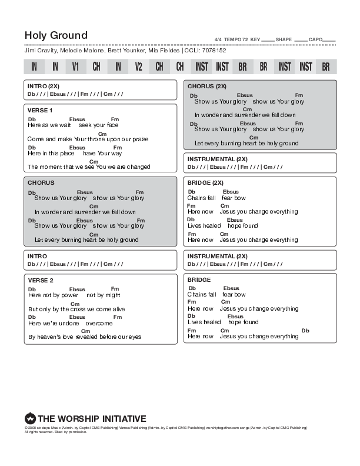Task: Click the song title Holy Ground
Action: click(x=56, y=35)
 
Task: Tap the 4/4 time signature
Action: click(x=218, y=39)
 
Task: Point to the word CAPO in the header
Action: click(x=315, y=39)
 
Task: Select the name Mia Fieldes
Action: click(x=164, y=51)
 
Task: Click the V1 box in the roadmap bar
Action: click(x=75, y=67)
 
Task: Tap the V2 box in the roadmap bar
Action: click(x=138, y=67)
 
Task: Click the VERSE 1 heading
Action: click(x=40, y=110)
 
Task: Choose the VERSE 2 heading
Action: click(x=40, y=280)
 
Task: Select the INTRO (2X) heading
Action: click(x=44, y=86)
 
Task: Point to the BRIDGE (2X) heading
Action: click(x=205, y=183)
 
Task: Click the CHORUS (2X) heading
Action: click(x=207, y=86)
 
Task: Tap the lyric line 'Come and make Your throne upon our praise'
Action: click(x=88, y=139)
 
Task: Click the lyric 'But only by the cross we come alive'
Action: click(x=76, y=309)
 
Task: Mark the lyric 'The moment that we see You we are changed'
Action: click(x=89, y=167)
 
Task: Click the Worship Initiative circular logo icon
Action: click(x=30, y=417)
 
